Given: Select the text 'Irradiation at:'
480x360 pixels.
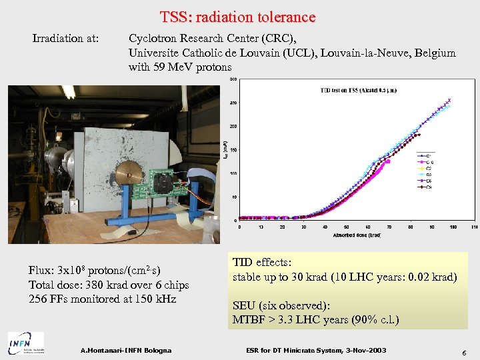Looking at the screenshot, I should pos(65,39).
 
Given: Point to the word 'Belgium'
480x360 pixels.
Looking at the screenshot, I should pos(434,53).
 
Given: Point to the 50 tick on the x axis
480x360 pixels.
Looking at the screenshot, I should pos(346,227).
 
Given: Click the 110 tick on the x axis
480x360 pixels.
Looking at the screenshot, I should pos(474,227).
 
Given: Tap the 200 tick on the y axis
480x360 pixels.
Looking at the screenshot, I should pos(233,126).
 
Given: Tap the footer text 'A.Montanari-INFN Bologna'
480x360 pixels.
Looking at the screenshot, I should pos(125,351).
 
